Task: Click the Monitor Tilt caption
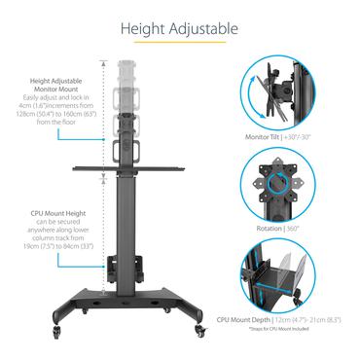point(282,137)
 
